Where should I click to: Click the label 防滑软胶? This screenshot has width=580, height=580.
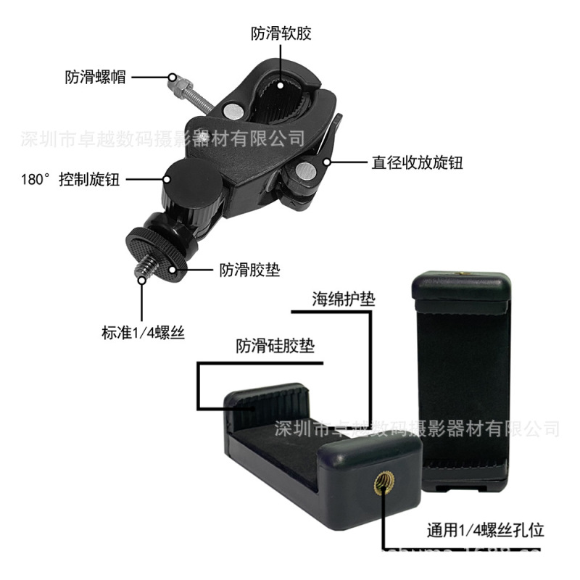coord(281,33)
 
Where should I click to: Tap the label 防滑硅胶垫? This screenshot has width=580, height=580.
coord(275,347)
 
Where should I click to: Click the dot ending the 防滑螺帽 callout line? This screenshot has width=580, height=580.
coord(172,76)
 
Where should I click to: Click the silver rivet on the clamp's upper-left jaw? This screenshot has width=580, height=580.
coord(233,111)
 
